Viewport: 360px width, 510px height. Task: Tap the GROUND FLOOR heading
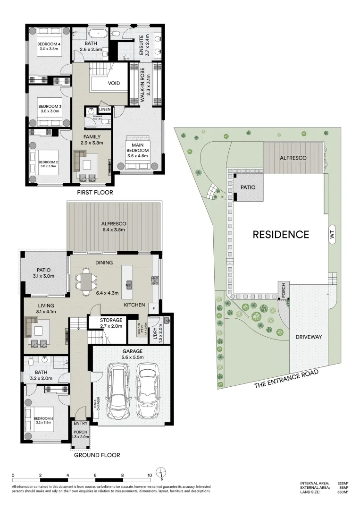tap(97, 455)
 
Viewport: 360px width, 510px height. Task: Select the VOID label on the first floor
tap(114, 84)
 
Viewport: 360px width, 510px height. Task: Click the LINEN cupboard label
tap(105, 110)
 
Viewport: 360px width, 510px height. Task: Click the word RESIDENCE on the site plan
tap(281, 234)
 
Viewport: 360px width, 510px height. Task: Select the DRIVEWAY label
tap(309, 337)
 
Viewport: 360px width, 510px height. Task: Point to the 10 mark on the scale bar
tap(150, 476)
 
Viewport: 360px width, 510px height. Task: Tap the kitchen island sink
tap(128, 284)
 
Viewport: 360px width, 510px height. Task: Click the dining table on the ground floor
tap(85, 282)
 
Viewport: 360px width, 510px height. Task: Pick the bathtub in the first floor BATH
tap(99, 34)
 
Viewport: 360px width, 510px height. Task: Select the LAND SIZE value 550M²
tap(343, 492)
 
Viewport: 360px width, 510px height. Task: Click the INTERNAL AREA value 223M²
tap(343, 483)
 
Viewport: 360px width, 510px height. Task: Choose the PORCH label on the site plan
tap(282, 291)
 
